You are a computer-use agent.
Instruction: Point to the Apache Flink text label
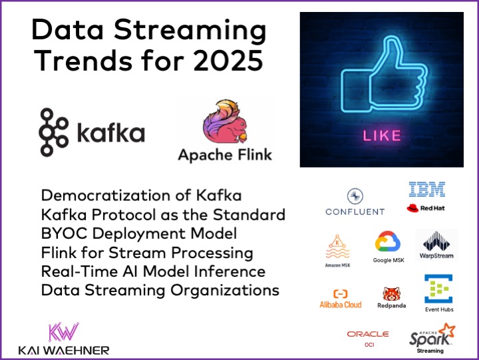click(x=224, y=155)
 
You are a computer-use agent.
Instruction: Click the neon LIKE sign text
click(x=381, y=136)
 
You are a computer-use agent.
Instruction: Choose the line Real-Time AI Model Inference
click(x=153, y=271)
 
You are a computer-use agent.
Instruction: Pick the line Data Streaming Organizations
click(x=160, y=290)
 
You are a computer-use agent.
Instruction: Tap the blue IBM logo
click(x=426, y=190)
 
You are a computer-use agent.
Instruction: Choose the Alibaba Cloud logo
click(x=341, y=299)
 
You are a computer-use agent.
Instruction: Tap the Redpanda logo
click(x=391, y=298)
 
